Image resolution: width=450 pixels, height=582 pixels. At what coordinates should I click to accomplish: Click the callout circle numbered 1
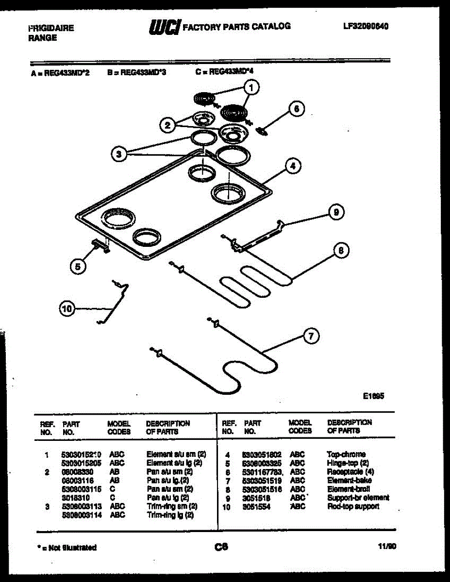(x=251, y=88)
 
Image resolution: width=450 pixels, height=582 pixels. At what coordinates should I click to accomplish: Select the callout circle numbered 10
(x=67, y=308)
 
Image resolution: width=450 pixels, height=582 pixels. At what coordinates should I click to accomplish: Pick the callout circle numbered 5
(x=78, y=266)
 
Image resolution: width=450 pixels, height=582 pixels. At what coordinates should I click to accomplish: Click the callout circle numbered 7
(x=311, y=336)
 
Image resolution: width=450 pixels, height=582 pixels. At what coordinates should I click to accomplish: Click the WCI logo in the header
(x=165, y=27)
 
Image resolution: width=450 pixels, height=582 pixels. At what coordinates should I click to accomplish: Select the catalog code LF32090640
(x=366, y=26)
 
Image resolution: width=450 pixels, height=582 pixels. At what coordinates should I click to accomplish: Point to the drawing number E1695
(x=374, y=396)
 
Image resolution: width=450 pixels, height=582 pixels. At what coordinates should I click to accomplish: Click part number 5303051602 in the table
(x=262, y=455)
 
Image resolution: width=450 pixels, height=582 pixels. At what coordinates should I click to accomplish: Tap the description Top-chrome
(x=346, y=454)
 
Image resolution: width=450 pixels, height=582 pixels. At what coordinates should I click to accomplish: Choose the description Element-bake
(x=349, y=481)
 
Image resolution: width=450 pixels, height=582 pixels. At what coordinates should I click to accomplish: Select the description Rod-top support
(x=353, y=506)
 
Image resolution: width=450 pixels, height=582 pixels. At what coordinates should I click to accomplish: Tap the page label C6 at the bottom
(x=221, y=547)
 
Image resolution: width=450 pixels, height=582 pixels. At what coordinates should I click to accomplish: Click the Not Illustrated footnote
(x=67, y=548)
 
